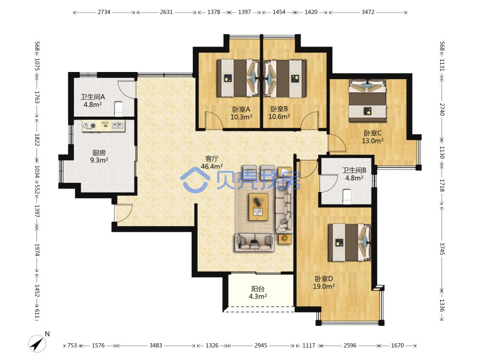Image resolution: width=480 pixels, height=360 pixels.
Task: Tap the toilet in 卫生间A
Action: [x=119, y=109]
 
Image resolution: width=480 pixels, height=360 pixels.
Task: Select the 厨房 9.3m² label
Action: [x=99, y=156]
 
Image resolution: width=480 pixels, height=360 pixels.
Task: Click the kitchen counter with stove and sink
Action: [x=104, y=125]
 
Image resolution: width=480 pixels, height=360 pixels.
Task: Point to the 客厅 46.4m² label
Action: [x=212, y=162]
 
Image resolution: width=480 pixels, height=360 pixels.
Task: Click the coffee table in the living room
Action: [x=259, y=206]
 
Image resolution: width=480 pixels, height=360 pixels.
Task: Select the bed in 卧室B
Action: [x=285, y=78]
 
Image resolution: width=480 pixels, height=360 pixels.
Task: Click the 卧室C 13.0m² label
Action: [x=372, y=137]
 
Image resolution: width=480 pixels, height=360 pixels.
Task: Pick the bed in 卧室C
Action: [x=367, y=101]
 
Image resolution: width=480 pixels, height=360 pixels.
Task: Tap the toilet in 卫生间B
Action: [x=347, y=196]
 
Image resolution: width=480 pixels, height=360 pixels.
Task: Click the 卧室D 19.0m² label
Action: [x=324, y=282]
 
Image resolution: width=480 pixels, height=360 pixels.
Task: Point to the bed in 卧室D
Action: [x=349, y=242]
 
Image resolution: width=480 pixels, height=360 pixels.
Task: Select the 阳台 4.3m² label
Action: [x=258, y=292]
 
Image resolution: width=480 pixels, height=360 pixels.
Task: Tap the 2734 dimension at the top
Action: [x=104, y=12]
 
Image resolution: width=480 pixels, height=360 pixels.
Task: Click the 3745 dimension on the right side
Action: [x=442, y=249]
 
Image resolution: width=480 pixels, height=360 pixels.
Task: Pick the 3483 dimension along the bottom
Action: [x=156, y=345]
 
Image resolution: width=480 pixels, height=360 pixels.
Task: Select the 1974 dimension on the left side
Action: [x=37, y=250]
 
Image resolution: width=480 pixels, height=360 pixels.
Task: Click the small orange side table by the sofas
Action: [x=285, y=239]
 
